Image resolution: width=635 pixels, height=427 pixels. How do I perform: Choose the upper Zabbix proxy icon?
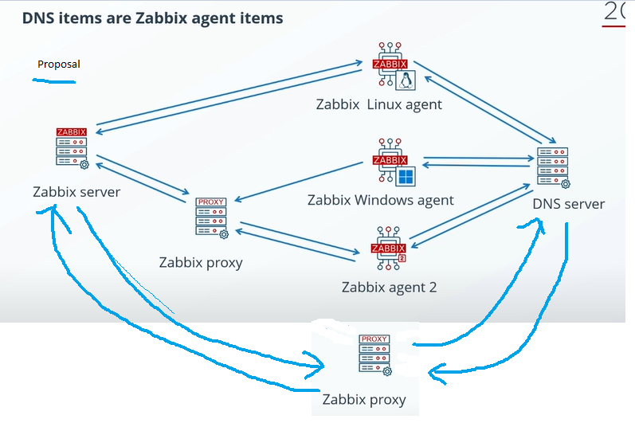(211, 217)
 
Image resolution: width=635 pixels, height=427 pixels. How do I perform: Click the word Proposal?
(59, 65)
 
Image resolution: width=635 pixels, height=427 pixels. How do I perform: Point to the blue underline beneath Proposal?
(53, 80)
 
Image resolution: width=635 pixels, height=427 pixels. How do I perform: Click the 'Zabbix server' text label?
(76, 191)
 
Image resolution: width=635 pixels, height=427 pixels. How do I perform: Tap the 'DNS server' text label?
(568, 204)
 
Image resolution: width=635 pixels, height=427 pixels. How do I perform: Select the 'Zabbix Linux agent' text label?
(378, 104)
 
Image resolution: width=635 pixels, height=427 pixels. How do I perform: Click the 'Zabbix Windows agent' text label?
(380, 200)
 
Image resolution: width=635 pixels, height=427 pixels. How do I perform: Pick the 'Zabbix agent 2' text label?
(389, 287)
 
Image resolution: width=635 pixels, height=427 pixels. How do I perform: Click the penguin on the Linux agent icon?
(406, 80)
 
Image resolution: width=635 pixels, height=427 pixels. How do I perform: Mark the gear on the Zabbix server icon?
(84, 164)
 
